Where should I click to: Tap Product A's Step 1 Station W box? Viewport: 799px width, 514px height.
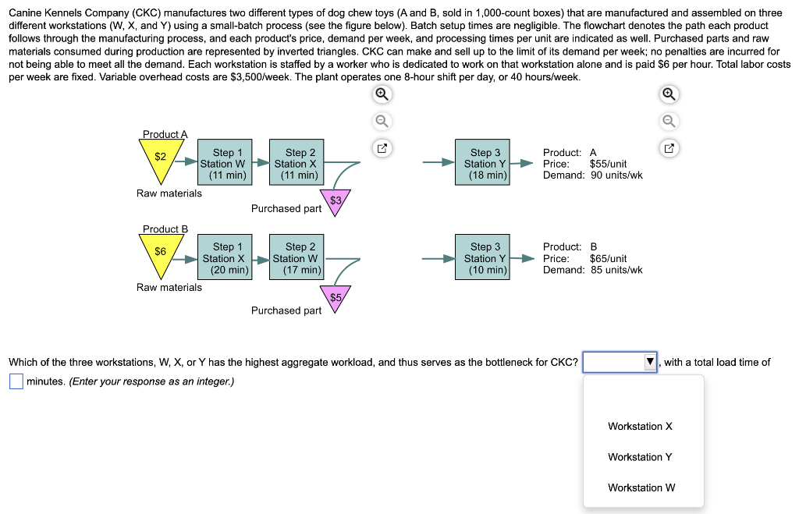[223, 164]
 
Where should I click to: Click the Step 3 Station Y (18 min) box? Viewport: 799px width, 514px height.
[485, 164]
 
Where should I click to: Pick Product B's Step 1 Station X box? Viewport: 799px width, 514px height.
[223, 258]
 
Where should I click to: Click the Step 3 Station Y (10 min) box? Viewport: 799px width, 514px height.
[485, 258]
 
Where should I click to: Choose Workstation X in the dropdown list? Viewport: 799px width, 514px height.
[640, 426]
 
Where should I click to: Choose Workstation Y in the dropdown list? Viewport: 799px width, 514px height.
[640, 457]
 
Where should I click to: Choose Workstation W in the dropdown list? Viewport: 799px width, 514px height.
[641, 487]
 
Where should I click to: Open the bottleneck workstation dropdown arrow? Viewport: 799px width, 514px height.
[649, 363]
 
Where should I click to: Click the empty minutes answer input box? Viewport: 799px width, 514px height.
[16, 381]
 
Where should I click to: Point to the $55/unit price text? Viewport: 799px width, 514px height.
[609, 164]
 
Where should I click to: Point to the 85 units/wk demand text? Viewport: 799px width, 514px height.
[616, 270]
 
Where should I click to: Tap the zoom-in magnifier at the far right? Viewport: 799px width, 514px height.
[669, 94]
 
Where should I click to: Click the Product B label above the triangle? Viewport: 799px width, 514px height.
[165, 229]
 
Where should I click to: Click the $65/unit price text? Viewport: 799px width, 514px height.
[609, 258]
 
